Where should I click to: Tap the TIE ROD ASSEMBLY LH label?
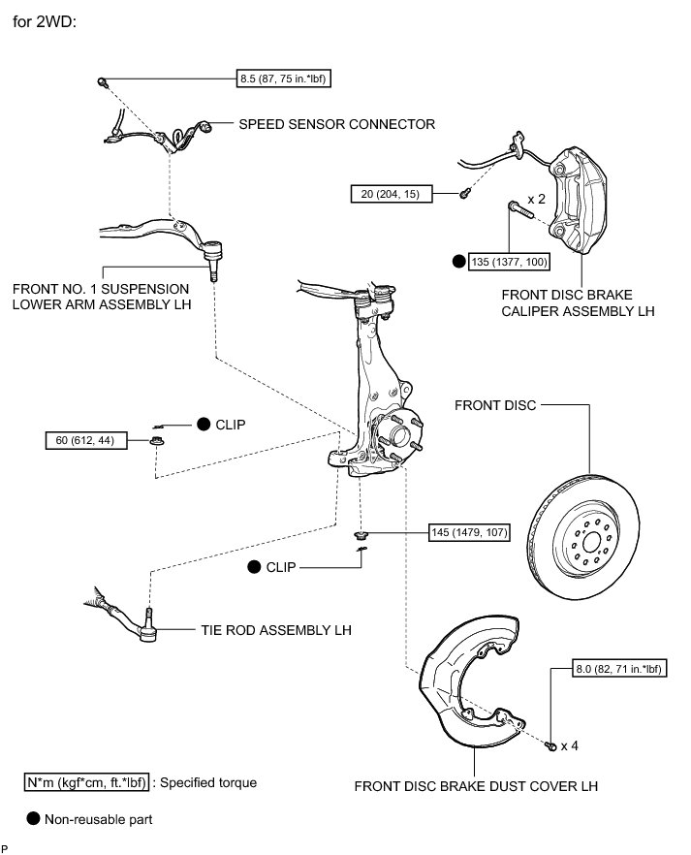(x=277, y=629)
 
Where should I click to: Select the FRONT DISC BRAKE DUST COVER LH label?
(x=476, y=785)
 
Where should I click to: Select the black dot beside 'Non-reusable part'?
(x=34, y=818)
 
